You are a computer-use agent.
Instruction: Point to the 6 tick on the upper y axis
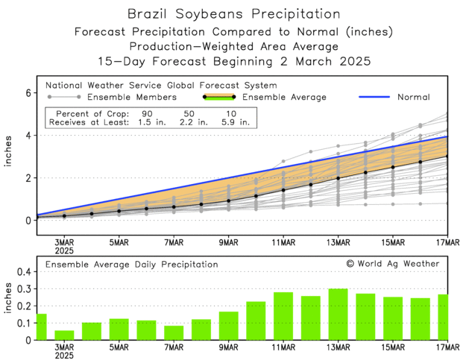coord(28,93)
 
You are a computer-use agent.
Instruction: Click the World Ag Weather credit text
coord(393,264)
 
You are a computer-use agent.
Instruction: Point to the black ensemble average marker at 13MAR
coord(338,178)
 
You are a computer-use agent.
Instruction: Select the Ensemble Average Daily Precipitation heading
coord(132,264)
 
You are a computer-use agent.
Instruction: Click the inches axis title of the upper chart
coord(9,157)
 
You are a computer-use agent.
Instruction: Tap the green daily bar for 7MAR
coord(174,332)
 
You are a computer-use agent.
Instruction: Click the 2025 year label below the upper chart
coord(65,250)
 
